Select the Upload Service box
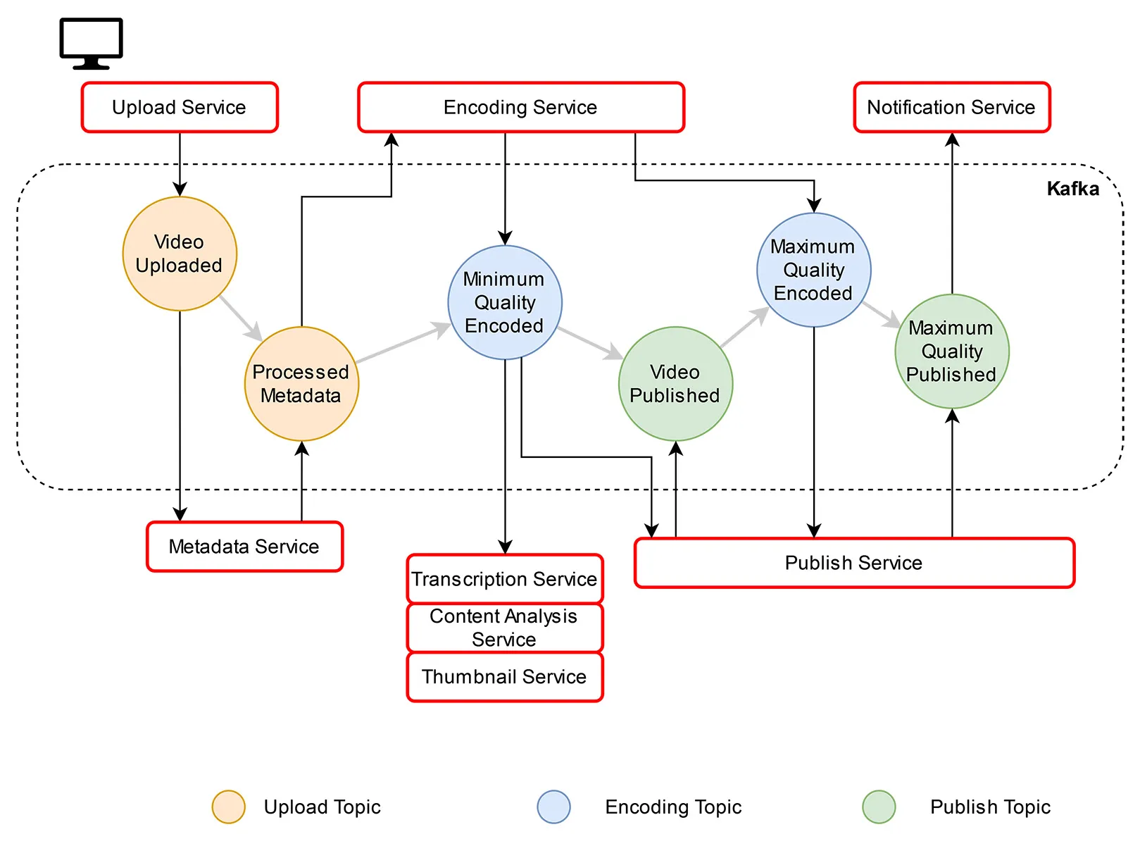click(180, 107)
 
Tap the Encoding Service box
click(520, 107)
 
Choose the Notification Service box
click(951, 107)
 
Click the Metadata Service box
click(244, 547)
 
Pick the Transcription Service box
click(504, 579)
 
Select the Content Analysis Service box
click(504, 628)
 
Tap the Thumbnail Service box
click(504, 677)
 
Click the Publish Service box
click(853, 563)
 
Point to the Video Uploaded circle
click(180, 254)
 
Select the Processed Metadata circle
click(301, 384)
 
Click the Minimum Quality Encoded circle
click(505, 302)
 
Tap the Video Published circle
click(675, 384)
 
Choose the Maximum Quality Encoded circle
click(813, 270)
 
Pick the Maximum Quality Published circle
click(951, 351)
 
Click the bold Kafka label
click(1072, 189)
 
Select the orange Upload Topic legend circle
click(228, 807)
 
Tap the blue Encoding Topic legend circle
click(553, 807)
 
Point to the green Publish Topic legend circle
click(879, 807)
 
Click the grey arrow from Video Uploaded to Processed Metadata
click(241, 318)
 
